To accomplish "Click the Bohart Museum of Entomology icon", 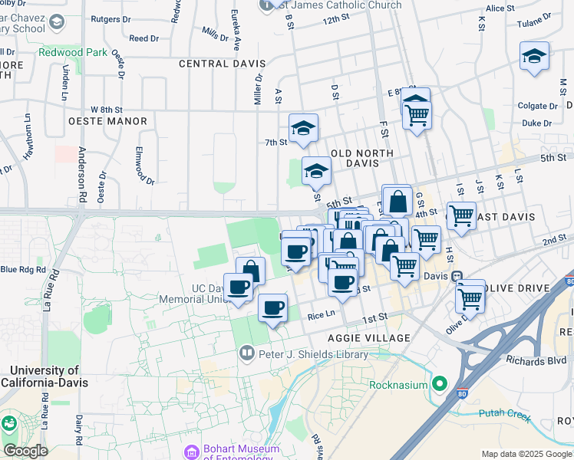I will click(x=190, y=452).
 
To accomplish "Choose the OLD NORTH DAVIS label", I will click(x=361, y=159).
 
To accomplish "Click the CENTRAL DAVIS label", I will click(x=222, y=64).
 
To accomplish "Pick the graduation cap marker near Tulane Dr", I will click(x=534, y=56).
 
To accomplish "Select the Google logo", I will click(x=25, y=451).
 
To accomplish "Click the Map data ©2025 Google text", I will click(x=526, y=454).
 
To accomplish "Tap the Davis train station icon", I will click(x=457, y=276).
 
